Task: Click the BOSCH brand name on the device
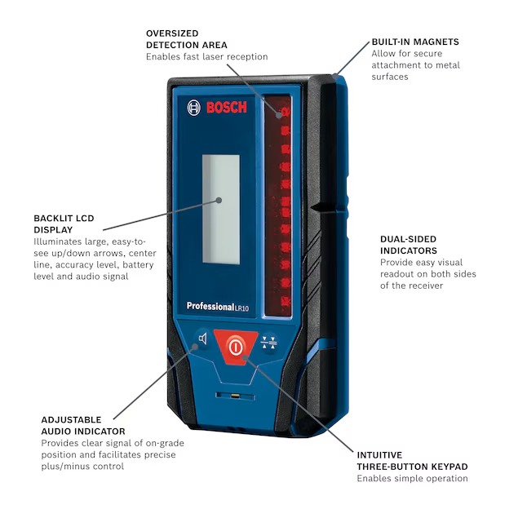226,108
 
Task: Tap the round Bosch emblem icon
194,108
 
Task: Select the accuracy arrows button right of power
268,343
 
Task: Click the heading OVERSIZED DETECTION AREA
186,39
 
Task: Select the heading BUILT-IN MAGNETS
414,42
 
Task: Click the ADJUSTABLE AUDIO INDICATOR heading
83,425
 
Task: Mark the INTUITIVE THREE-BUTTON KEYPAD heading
412,461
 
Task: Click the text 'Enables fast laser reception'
206,57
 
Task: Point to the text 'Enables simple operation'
412,479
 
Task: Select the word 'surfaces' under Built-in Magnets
390,77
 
